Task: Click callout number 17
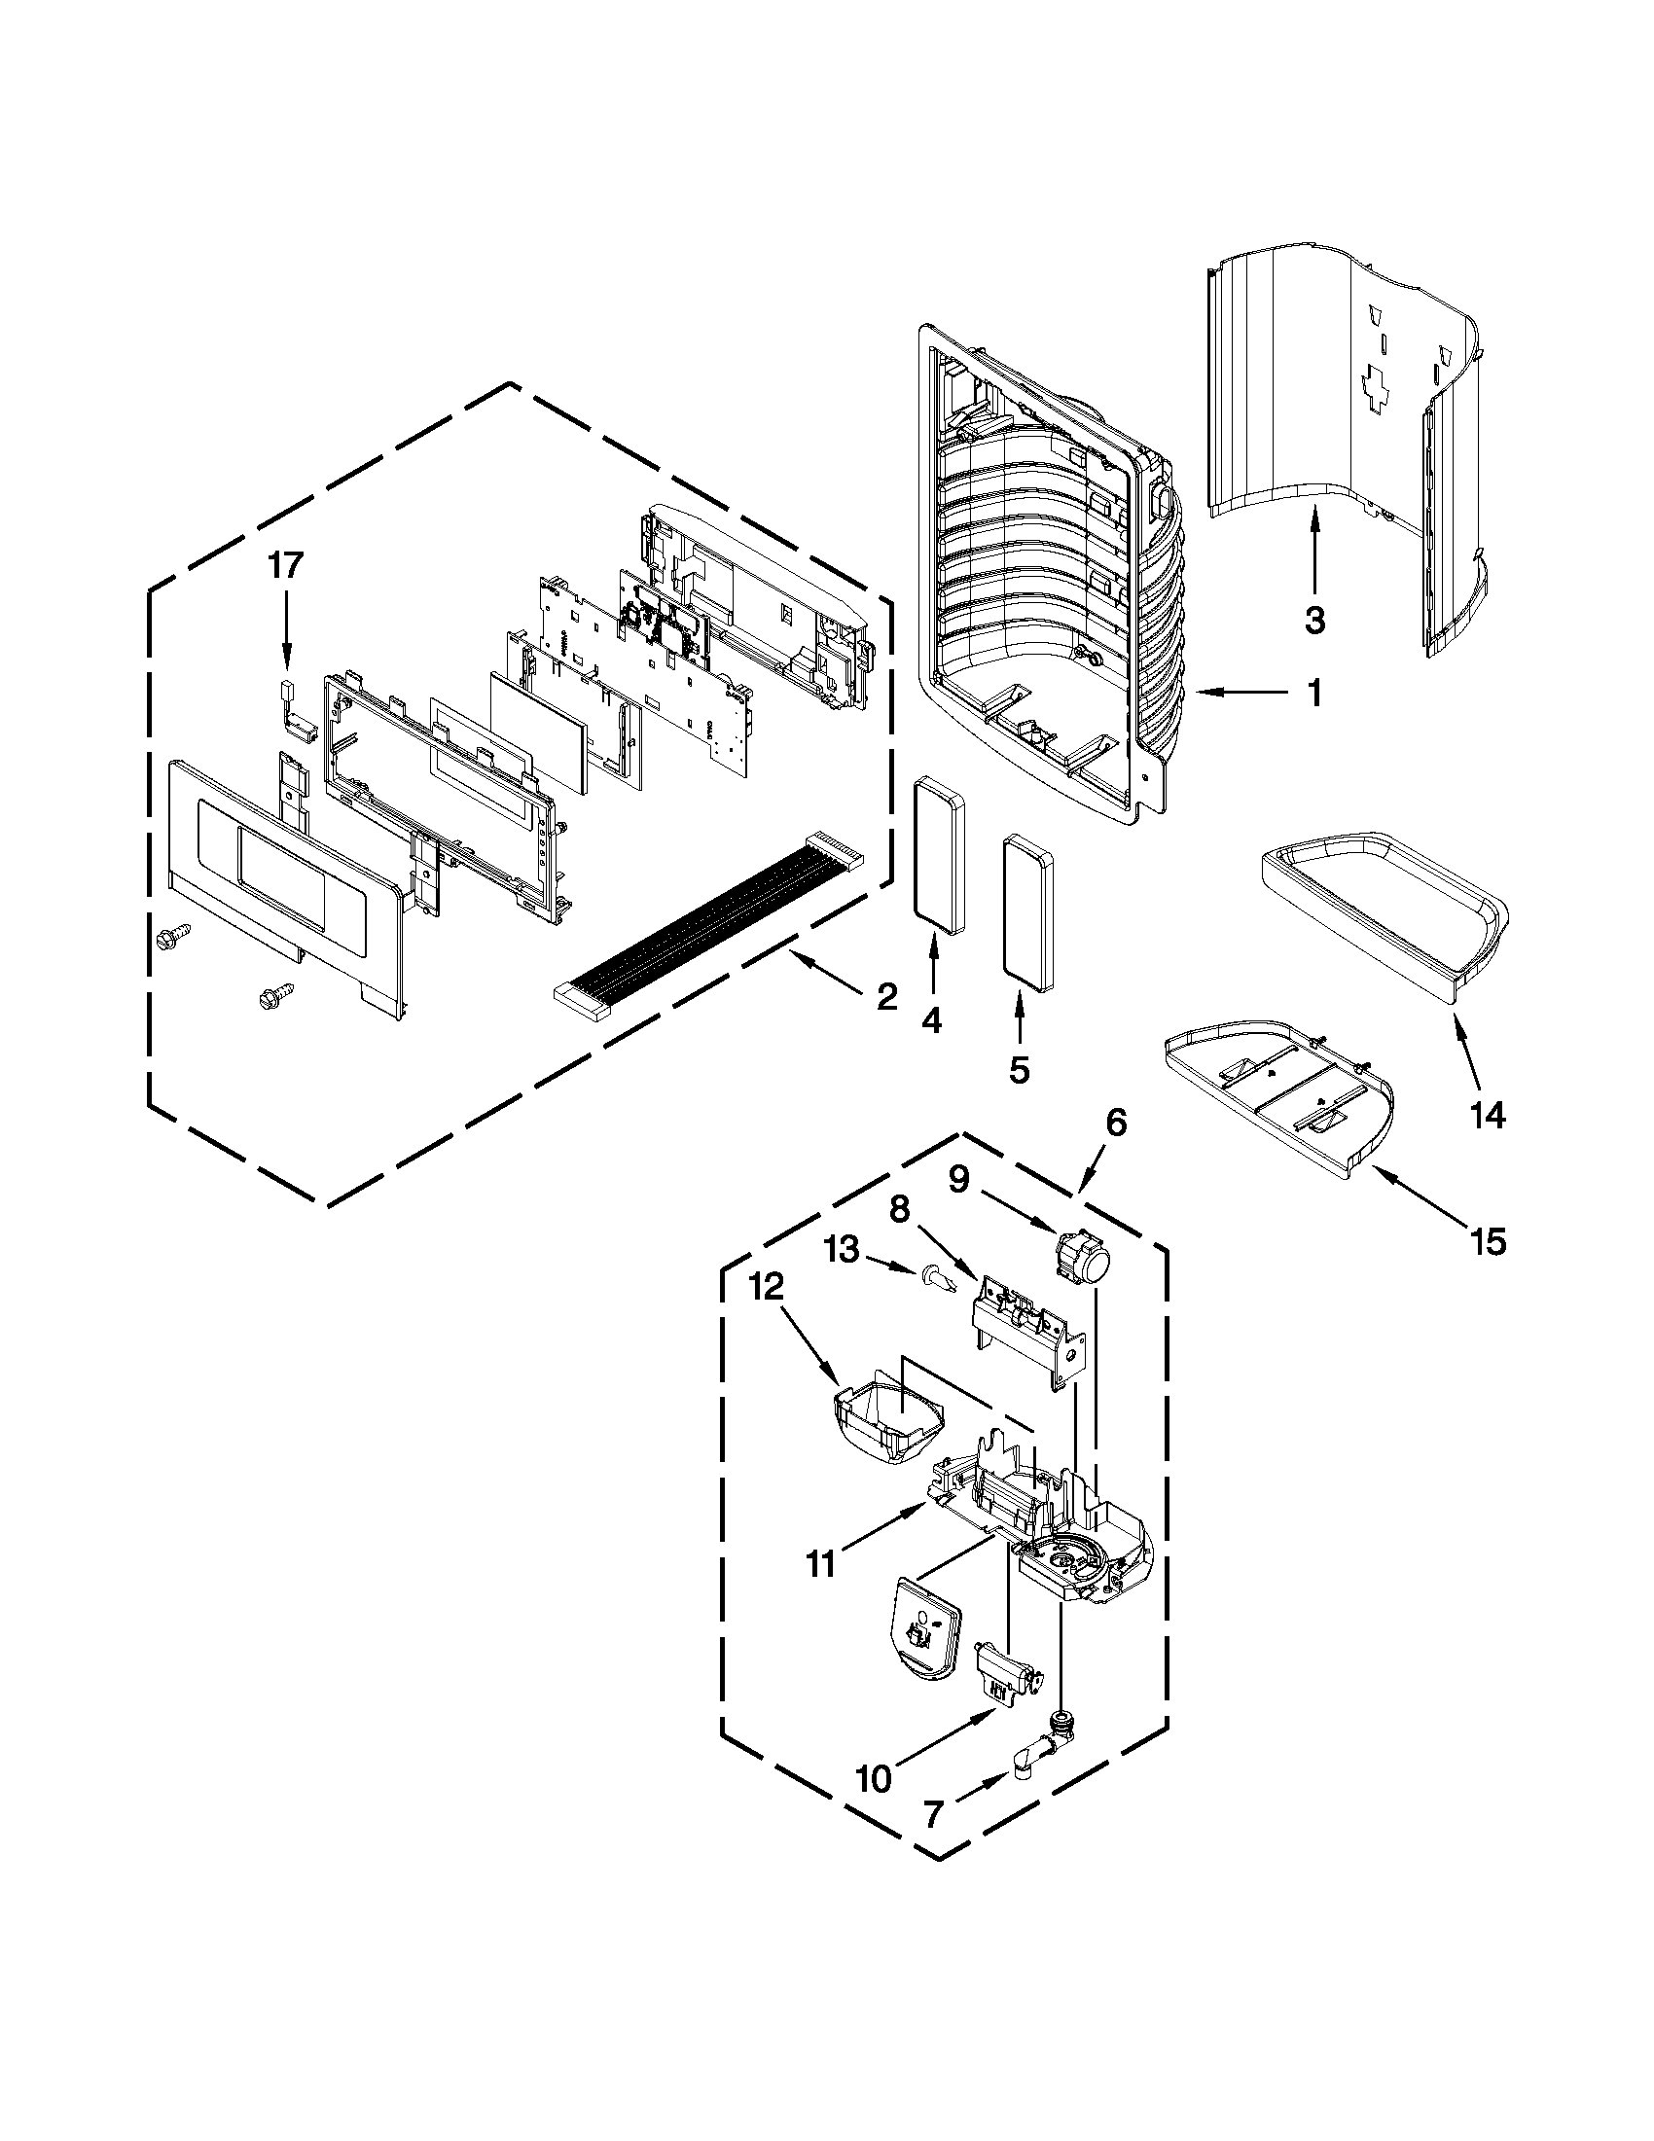point(286,565)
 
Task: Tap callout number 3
point(1313,620)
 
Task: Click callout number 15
point(1488,1241)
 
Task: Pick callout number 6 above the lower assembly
point(1117,1123)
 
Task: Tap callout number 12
point(768,1287)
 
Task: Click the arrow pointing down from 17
point(286,627)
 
